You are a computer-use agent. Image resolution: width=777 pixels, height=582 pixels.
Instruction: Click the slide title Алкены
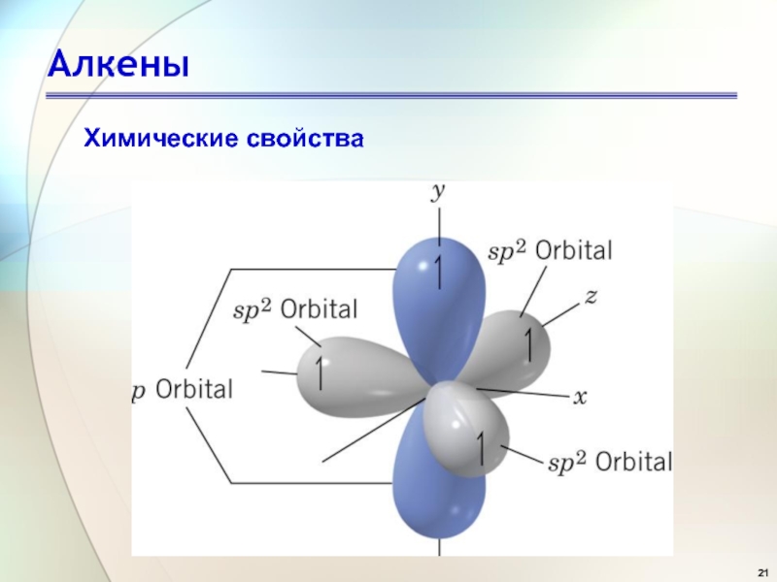pyautogui.click(x=118, y=64)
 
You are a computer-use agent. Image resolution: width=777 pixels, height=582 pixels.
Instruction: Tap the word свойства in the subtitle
pyautogui.click(x=305, y=139)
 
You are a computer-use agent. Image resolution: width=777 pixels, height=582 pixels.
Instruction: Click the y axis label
pyautogui.click(x=438, y=192)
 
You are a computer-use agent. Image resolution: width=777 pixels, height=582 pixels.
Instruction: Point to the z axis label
pyautogui.click(x=591, y=297)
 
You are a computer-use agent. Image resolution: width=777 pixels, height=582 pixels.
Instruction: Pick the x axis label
pyautogui.click(x=580, y=398)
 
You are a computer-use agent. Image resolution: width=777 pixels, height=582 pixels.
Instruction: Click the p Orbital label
pyautogui.click(x=183, y=390)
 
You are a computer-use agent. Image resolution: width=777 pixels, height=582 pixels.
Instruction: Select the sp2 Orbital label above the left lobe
pyautogui.click(x=295, y=310)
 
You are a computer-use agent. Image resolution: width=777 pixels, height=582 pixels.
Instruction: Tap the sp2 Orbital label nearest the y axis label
pyautogui.click(x=550, y=251)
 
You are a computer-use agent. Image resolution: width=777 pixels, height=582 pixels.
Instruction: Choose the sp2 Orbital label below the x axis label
pyautogui.click(x=610, y=463)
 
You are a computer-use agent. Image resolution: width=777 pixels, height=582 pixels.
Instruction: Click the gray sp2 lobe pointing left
pyautogui.click(x=356, y=376)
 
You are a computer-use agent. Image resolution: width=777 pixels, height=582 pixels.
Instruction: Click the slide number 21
pyautogui.click(x=763, y=571)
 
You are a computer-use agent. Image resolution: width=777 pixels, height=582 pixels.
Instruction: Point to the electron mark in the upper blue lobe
pyautogui.click(x=438, y=272)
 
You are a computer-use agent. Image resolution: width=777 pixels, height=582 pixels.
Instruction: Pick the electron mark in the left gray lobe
pyautogui.click(x=320, y=372)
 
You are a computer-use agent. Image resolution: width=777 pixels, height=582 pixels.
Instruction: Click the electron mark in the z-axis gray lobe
pyautogui.click(x=528, y=345)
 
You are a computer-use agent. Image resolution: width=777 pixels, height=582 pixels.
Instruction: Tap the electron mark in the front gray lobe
pyautogui.click(x=480, y=448)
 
